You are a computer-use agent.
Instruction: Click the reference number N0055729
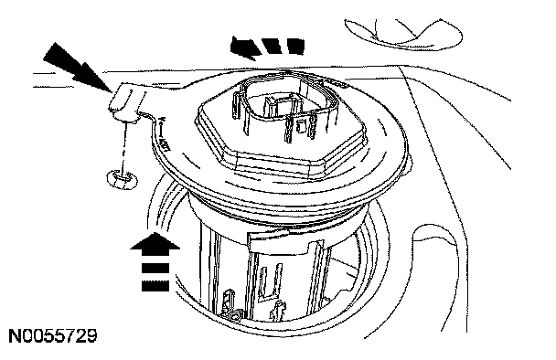pos(52,336)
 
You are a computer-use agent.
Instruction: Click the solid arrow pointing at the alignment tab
pos(77,68)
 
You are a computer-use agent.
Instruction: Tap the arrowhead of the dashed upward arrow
pos(155,244)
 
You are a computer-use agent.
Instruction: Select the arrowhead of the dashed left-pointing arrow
pos(245,48)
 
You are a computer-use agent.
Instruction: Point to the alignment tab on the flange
pos(125,101)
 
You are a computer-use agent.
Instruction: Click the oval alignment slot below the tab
pos(123,178)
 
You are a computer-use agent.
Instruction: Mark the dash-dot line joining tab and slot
pos(123,148)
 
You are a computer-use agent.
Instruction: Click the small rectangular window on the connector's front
pos(302,126)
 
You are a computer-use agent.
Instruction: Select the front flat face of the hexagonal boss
pos(273,164)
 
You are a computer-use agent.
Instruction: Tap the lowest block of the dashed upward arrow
pos(155,286)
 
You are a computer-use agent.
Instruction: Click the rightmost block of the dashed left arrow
pos(295,46)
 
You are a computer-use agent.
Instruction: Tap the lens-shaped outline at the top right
pos(403,33)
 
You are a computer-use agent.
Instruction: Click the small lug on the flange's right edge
pos(409,164)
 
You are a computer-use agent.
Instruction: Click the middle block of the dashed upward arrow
pos(155,268)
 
